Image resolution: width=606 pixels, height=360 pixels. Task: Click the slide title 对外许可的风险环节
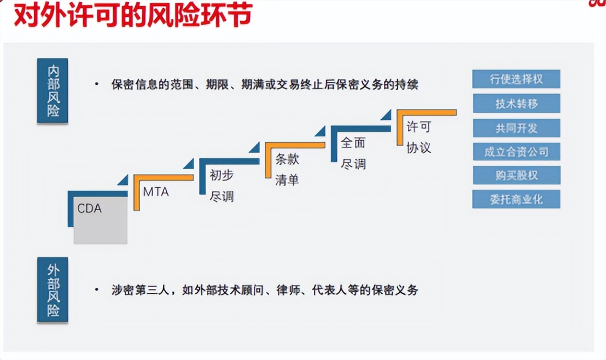coord(133,15)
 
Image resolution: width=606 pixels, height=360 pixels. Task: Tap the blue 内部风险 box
coord(53,90)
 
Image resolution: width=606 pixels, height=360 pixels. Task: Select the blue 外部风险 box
coord(53,289)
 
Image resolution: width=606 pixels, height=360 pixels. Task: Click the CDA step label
coord(89,208)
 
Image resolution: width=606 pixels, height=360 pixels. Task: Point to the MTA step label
coord(156,192)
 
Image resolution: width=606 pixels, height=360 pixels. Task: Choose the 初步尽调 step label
coord(222,185)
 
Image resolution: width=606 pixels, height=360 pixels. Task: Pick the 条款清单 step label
coord(287,170)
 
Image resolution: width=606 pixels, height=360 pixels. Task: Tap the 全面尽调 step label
coord(353,153)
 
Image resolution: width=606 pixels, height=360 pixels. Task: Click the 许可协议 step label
coord(418,137)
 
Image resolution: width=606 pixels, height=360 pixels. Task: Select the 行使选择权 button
coord(516,79)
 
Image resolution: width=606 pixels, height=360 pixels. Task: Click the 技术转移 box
coord(516,103)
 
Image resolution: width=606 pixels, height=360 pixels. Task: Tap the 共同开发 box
coord(516,128)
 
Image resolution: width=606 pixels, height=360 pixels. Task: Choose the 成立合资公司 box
coord(516,152)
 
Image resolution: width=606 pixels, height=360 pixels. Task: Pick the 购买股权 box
coord(516,176)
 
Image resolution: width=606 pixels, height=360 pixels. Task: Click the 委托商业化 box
coord(516,199)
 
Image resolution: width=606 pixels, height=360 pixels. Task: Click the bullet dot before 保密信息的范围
coord(97,84)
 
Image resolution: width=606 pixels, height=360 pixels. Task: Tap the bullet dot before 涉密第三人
coord(97,289)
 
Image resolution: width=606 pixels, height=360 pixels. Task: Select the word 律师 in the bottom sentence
coord(288,290)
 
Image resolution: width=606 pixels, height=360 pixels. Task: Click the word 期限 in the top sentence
coord(218,84)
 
